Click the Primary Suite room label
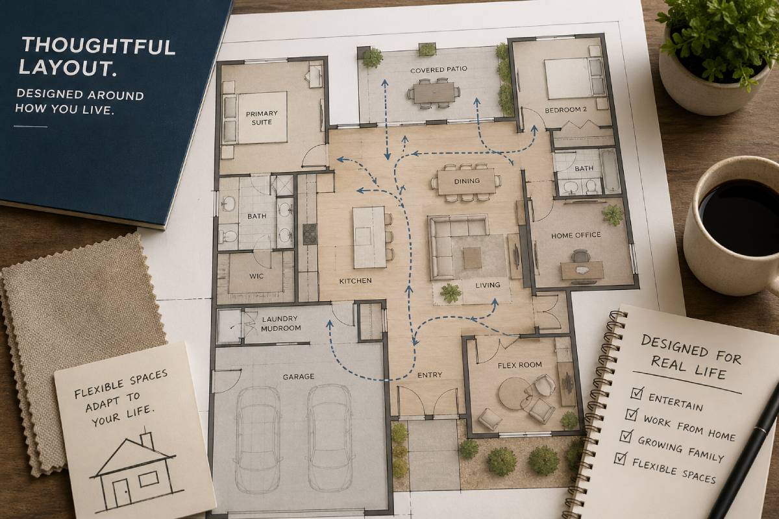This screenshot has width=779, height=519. pyautogui.click(x=262, y=117)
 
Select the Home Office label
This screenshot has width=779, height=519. pyautogui.click(x=576, y=235)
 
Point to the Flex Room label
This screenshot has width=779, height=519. pyautogui.click(x=519, y=365)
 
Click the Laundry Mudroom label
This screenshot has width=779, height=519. pyautogui.click(x=280, y=323)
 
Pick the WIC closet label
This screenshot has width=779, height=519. pyautogui.click(x=256, y=275)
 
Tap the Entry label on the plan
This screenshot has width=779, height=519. pyautogui.click(x=429, y=375)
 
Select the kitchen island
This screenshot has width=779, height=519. pyautogui.click(x=369, y=237)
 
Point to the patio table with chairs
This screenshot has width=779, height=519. pyautogui.click(x=434, y=92)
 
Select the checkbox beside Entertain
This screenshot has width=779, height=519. pyautogui.click(x=637, y=393)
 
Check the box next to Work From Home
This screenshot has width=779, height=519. pyautogui.click(x=630, y=414)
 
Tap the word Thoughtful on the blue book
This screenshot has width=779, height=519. pyautogui.click(x=97, y=47)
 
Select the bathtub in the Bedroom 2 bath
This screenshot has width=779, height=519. pyautogui.click(x=610, y=170)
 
